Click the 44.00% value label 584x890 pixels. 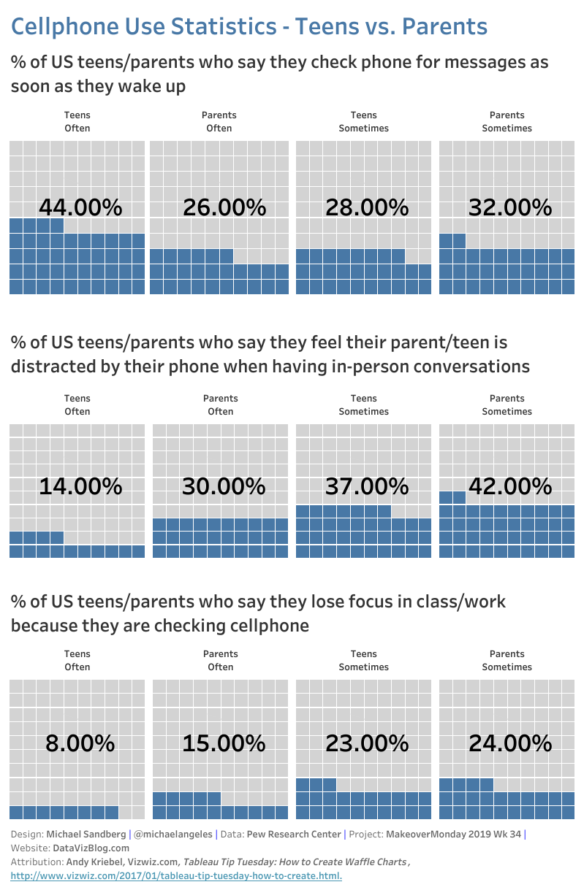[80, 207]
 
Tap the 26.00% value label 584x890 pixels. [224, 207]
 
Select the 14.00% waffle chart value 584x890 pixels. [80, 486]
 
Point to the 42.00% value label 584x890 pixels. [510, 486]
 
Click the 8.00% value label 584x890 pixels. [80, 743]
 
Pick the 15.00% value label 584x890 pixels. [224, 743]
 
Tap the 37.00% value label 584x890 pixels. [367, 486]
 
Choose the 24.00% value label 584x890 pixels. [510, 743]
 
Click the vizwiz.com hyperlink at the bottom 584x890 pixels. [176, 875]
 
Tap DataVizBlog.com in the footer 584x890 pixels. [91, 848]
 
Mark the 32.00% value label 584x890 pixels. [510, 207]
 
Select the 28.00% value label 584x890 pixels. [367, 207]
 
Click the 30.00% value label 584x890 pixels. [224, 486]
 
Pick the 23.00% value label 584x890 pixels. [367, 743]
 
